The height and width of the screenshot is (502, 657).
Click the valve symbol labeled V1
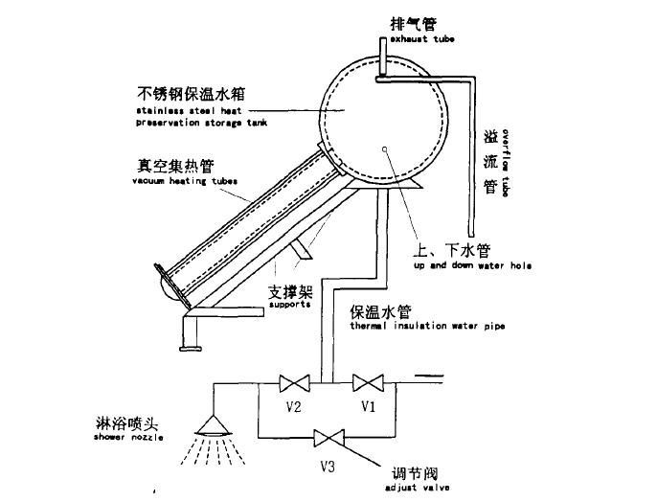pos(368,383)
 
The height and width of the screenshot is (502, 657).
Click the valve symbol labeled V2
pos(291,384)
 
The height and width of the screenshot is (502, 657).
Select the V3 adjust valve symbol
pos(331,440)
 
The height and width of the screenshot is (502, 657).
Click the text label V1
pos(368,407)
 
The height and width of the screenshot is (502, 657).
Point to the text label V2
pos(294,407)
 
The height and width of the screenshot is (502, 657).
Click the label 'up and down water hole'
pos(472,265)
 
